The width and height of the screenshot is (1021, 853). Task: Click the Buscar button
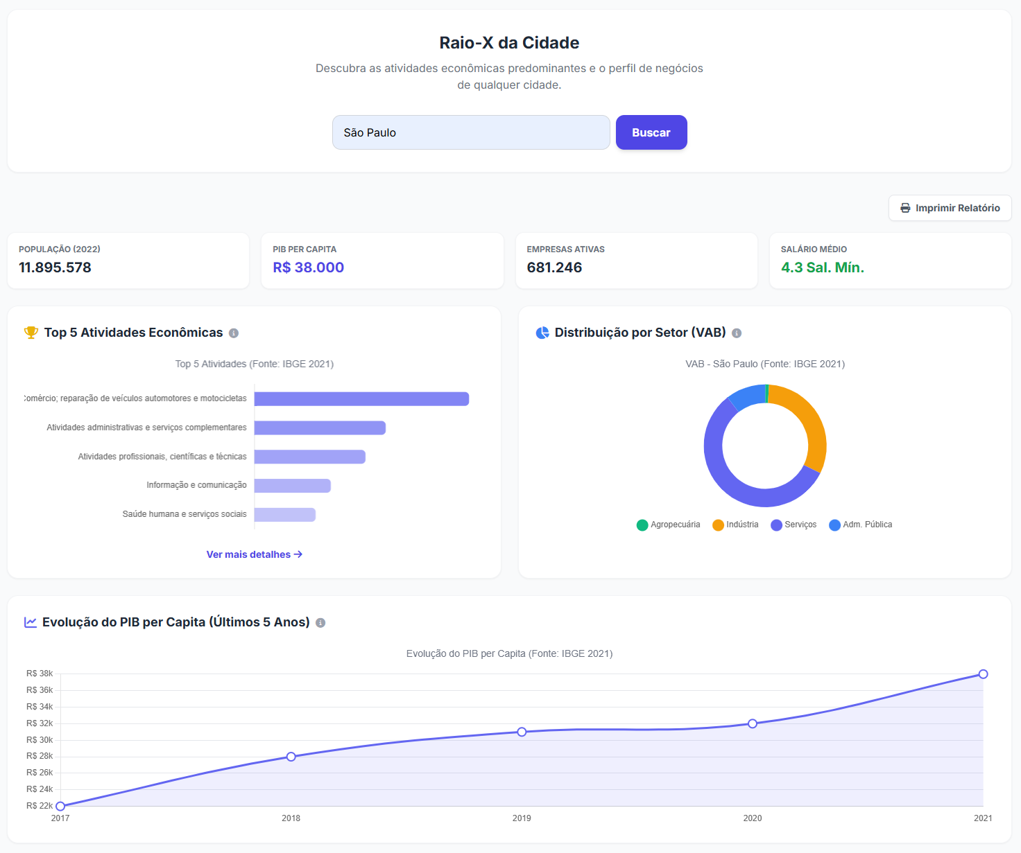pos(651,132)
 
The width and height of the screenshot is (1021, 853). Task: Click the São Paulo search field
pos(471,132)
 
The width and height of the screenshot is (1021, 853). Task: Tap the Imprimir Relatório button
pos(950,208)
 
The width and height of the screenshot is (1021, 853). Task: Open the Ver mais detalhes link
pos(255,554)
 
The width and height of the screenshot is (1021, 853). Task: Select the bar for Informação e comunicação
pos(293,486)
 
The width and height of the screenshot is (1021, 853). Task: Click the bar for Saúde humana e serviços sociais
pos(284,514)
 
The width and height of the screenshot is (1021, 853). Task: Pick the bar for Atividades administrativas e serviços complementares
pos(320,428)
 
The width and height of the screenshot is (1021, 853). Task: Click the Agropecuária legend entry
pos(668,525)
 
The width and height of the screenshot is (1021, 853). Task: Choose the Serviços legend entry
pos(793,525)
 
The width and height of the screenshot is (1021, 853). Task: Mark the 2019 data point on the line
pos(522,732)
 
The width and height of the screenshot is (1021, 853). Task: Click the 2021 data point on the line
pos(983,674)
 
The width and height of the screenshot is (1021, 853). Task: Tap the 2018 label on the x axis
pos(291,818)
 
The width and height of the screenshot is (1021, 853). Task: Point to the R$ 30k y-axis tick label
pos(40,739)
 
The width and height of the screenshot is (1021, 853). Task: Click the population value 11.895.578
pos(55,267)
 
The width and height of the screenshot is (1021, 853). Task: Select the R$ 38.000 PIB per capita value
pos(308,267)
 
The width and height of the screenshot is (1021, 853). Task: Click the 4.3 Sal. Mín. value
pos(823,267)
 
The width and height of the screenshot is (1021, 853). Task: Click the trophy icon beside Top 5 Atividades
pos(31,333)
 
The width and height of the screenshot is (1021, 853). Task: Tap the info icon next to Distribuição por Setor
pos(737,333)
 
